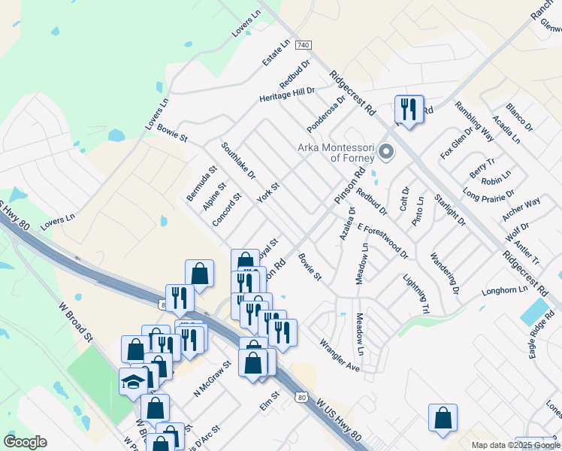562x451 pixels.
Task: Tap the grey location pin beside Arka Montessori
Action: tap(386, 153)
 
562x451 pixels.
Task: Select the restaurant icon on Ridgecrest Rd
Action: tap(409, 110)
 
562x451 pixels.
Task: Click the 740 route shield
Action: tap(304, 46)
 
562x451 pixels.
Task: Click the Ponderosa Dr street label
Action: tap(331, 110)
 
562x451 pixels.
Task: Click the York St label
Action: tap(267, 192)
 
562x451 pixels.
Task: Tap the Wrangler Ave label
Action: tap(340, 356)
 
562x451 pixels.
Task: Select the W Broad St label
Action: tap(75, 322)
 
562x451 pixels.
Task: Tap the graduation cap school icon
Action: tap(133, 382)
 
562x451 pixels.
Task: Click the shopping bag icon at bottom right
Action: tap(443, 419)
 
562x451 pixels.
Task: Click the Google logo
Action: tap(25, 442)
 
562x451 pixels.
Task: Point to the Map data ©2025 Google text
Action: tap(515, 445)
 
